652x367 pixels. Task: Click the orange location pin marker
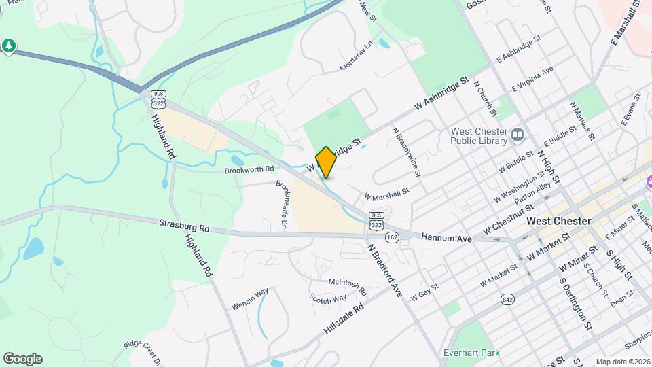click(x=326, y=162)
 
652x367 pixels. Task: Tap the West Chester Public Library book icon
click(x=518, y=135)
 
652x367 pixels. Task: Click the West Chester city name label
click(x=559, y=222)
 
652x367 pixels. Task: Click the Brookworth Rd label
click(x=249, y=169)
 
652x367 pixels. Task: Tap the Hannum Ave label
click(x=446, y=239)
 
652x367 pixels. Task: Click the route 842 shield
click(x=507, y=299)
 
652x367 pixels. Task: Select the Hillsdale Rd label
click(x=344, y=317)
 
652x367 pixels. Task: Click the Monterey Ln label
click(x=357, y=57)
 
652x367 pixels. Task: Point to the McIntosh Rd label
click(x=348, y=286)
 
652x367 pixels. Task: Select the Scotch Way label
click(x=327, y=299)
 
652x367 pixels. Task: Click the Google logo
click(x=22, y=359)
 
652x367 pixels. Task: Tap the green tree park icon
click(x=8, y=46)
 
